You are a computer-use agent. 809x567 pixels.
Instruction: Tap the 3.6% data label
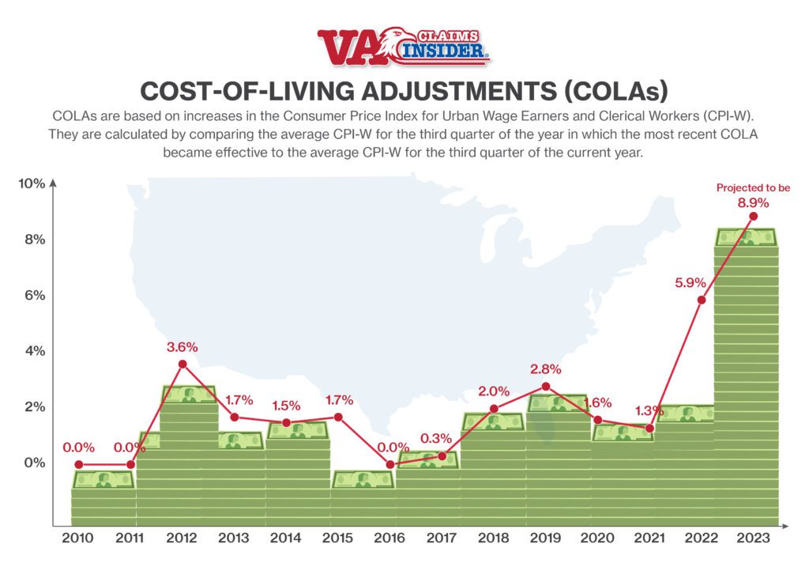click(x=182, y=346)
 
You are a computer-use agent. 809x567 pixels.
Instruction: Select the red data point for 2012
click(x=182, y=364)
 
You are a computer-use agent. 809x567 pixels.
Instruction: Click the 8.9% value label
click(x=753, y=202)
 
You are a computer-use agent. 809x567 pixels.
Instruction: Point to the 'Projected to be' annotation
click(x=753, y=188)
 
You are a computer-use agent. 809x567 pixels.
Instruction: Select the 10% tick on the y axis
click(x=32, y=183)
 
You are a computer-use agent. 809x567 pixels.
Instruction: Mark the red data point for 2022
click(x=701, y=300)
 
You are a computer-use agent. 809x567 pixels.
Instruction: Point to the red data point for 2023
click(x=753, y=216)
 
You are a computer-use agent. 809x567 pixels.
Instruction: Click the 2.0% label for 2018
click(x=494, y=391)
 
